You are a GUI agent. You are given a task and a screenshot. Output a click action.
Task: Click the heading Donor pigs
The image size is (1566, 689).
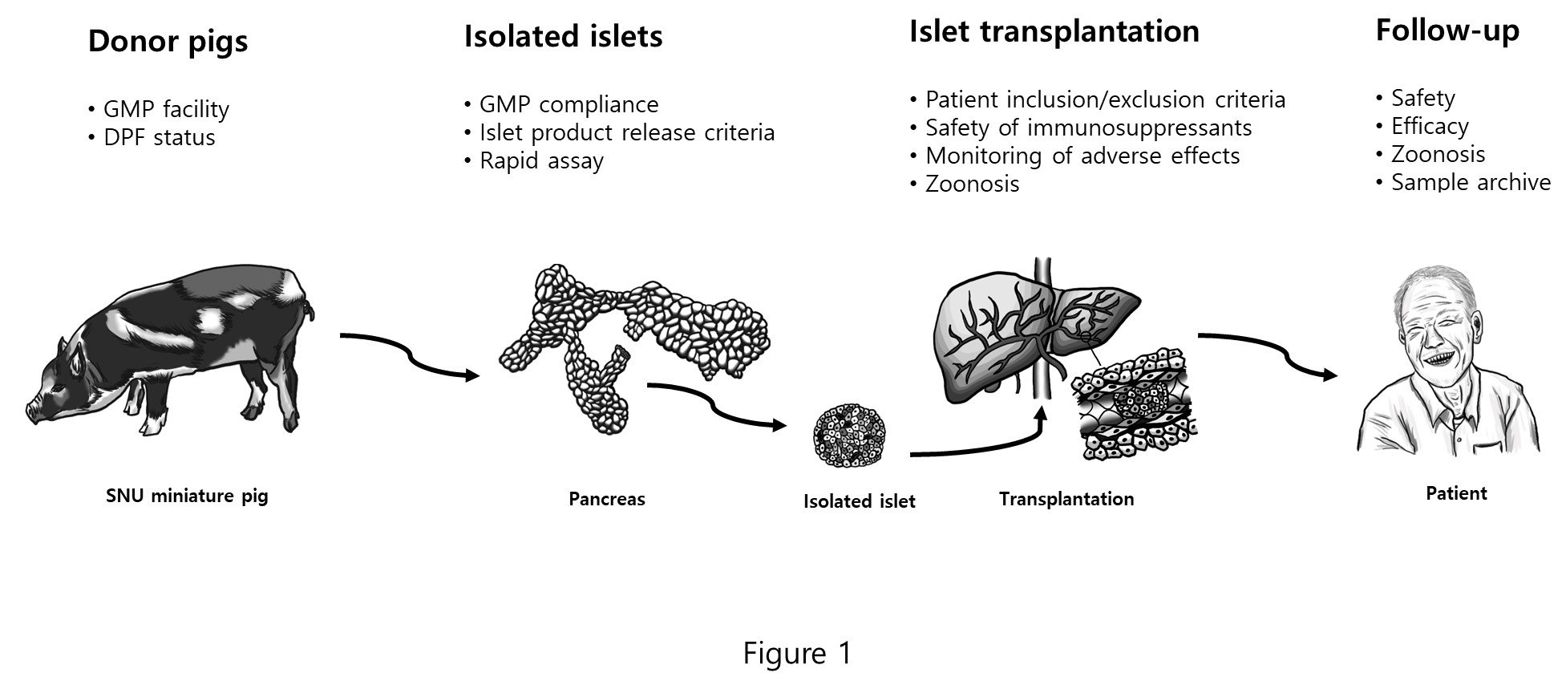pos(168,42)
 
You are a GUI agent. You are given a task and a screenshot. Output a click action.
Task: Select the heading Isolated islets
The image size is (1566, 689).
pos(563,37)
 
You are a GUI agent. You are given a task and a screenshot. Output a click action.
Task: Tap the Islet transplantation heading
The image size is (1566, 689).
pos(1054,32)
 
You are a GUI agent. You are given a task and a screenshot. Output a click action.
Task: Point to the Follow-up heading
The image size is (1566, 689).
pos(1447,30)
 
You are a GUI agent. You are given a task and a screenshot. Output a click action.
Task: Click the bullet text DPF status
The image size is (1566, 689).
pos(159,137)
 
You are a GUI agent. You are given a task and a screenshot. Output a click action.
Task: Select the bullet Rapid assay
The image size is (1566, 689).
pos(541,161)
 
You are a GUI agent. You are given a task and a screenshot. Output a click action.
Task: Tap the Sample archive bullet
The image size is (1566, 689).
pos(1470,182)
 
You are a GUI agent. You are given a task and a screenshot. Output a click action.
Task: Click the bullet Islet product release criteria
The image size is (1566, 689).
pos(626,132)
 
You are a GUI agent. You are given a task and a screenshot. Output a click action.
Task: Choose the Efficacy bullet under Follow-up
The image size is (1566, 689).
pos(1429,126)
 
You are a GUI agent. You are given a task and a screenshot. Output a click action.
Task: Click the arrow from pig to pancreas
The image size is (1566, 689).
pos(409,355)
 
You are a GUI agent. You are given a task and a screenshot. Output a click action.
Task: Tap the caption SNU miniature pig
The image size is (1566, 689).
pos(187,496)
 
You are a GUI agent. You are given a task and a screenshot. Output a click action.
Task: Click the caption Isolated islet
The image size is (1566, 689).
pos(859,501)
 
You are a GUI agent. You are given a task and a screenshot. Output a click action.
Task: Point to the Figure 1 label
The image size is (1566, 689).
pos(797,653)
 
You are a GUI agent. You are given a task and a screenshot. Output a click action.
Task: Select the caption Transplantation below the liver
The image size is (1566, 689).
pos(1066,499)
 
